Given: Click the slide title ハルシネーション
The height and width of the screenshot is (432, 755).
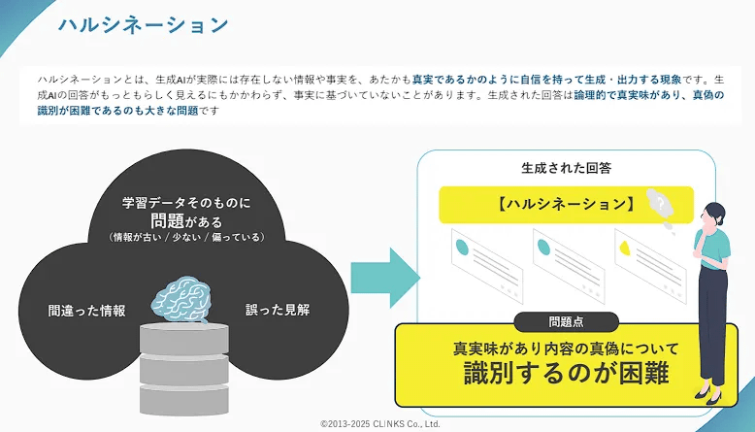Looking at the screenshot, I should [x=143, y=25].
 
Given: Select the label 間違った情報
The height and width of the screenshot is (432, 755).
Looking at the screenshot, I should [x=87, y=311].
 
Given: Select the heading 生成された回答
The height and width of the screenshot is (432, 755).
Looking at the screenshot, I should [x=566, y=167].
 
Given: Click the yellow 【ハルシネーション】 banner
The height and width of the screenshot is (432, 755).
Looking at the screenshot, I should [x=565, y=205].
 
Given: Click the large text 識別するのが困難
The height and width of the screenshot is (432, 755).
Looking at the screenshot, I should [x=567, y=374].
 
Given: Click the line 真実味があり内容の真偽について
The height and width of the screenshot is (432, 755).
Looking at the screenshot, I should [x=567, y=347].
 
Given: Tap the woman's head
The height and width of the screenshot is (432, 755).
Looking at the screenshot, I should [x=712, y=215].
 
